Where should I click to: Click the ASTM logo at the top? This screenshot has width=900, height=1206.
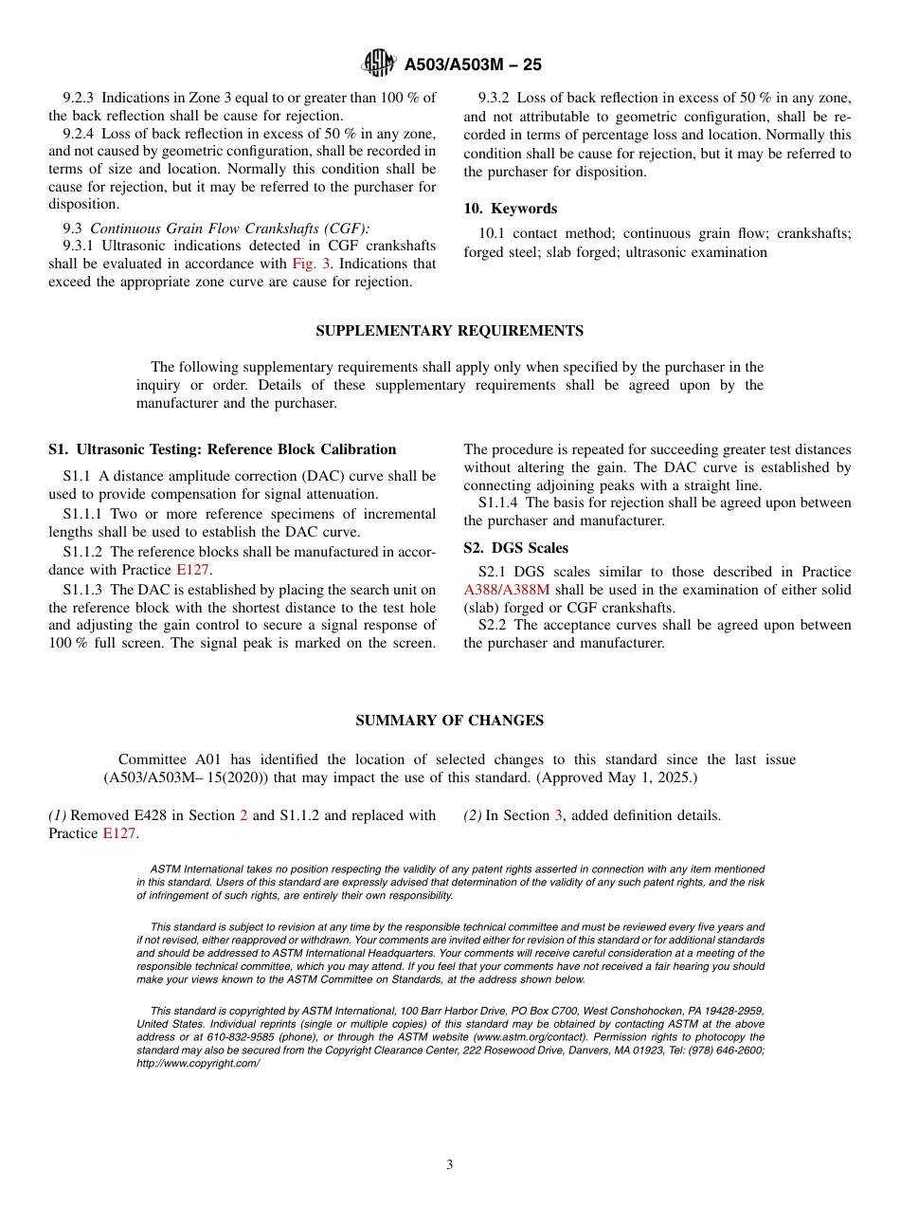coord(378,64)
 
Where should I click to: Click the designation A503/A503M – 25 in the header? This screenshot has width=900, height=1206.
coord(473,65)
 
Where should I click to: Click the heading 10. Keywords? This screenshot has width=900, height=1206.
coord(510,209)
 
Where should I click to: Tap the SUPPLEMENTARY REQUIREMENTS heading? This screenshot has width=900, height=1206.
coord(449,331)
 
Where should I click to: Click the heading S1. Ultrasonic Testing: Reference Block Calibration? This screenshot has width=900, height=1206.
coord(222,449)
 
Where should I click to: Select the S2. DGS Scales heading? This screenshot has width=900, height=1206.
coord(515,548)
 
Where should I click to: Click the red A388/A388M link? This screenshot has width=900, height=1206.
coord(506,590)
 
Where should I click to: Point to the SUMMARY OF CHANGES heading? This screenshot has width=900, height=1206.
coord(449,721)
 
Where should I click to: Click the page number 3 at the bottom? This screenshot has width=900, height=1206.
coord(450,1165)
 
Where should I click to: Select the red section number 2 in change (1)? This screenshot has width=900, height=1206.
coord(243,815)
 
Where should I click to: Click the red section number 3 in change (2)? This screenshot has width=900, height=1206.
coord(558,815)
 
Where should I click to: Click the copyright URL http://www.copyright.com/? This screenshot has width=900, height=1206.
coord(197,1064)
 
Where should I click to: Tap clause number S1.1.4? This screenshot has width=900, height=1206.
coord(499,503)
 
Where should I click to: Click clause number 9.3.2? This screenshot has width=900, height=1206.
coord(495,98)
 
